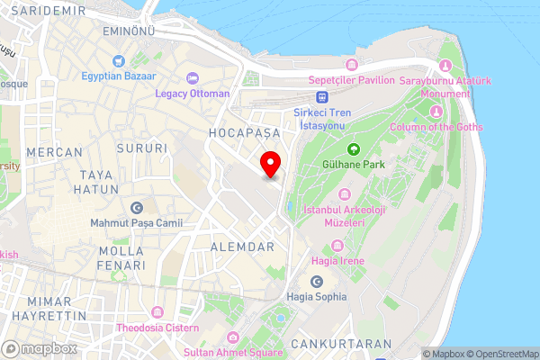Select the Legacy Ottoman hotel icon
point(191,78)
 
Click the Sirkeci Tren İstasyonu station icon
point(321,97)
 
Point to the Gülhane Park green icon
point(354,149)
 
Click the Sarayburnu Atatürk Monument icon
point(445,67)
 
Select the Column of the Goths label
point(436,127)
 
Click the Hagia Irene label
point(336,261)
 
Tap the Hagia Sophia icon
point(316,282)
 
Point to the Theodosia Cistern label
point(157,328)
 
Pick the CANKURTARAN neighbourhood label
point(346,344)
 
